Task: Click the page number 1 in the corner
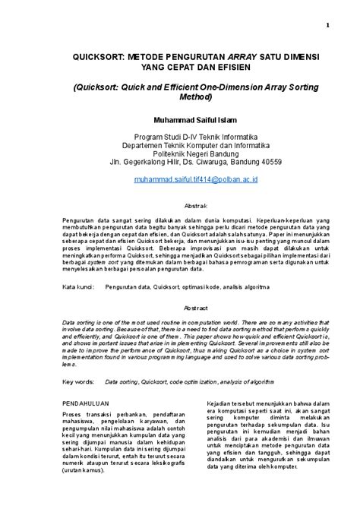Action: [x=327, y=24]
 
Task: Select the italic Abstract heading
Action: [x=196, y=308]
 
